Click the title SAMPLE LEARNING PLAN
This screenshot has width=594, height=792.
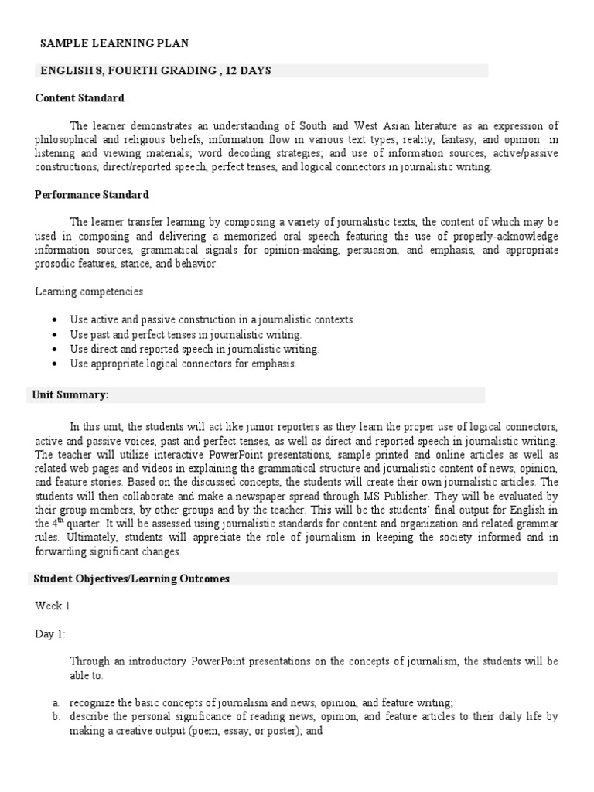click(x=114, y=44)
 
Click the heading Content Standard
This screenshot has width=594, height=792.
click(x=80, y=98)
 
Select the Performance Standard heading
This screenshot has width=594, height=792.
click(x=92, y=195)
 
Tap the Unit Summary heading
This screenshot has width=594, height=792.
click(x=70, y=395)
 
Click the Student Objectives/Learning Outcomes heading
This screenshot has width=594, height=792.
click(x=131, y=579)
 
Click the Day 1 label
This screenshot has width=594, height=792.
click(x=49, y=633)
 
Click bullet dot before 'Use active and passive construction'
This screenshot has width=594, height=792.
click(x=53, y=319)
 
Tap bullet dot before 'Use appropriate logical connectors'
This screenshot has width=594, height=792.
click(x=53, y=363)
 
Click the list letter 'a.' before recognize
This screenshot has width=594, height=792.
click(x=56, y=702)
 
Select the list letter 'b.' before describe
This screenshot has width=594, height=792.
click(x=56, y=717)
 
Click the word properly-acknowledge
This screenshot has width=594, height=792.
click(x=508, y=236)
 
